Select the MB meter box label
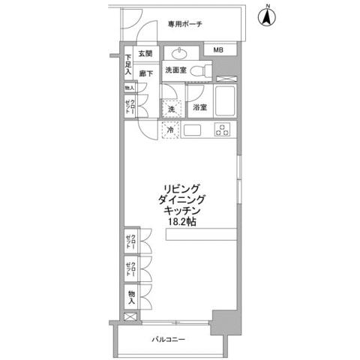click(x=217, y=50)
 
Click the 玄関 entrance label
click(x=144, y=54)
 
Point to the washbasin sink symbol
click(x=181, y=53)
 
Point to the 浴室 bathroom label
click(x=199, y=108)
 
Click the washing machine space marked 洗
click(x=172, y=109)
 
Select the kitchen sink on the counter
click(x=191, y=130)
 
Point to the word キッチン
click(x=180, y=211)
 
